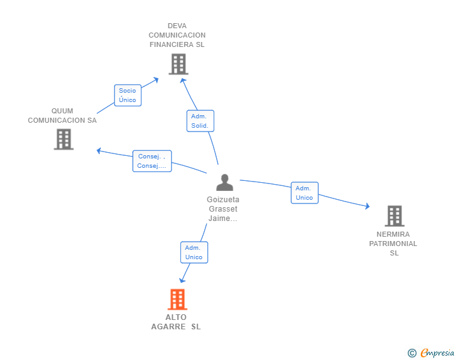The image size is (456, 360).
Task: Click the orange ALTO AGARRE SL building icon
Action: point(177,299)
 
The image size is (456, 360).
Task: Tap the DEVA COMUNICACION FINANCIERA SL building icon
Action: point(178,64)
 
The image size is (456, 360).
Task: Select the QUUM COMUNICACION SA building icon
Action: point(63,139)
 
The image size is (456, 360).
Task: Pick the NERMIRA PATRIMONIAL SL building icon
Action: point(394,216)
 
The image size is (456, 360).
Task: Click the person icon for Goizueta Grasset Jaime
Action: point(224,182)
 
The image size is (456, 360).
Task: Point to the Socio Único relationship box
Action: point(127,95)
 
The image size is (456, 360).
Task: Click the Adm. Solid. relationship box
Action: point(200,121)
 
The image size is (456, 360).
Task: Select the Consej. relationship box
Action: point(152,161)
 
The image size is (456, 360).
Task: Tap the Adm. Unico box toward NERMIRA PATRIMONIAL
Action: point(304,193)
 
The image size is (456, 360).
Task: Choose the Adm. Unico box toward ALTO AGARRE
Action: point(194,252)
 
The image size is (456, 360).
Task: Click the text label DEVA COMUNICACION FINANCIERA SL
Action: point(177,35)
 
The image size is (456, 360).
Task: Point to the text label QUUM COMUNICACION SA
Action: point(62,116)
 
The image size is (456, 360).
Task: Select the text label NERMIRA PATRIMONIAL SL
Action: point(394,244)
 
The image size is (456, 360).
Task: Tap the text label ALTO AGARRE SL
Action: point(176,322)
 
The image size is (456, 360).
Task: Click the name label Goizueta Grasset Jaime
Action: point(223,209)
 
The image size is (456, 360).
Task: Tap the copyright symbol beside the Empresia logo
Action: point(412,353)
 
